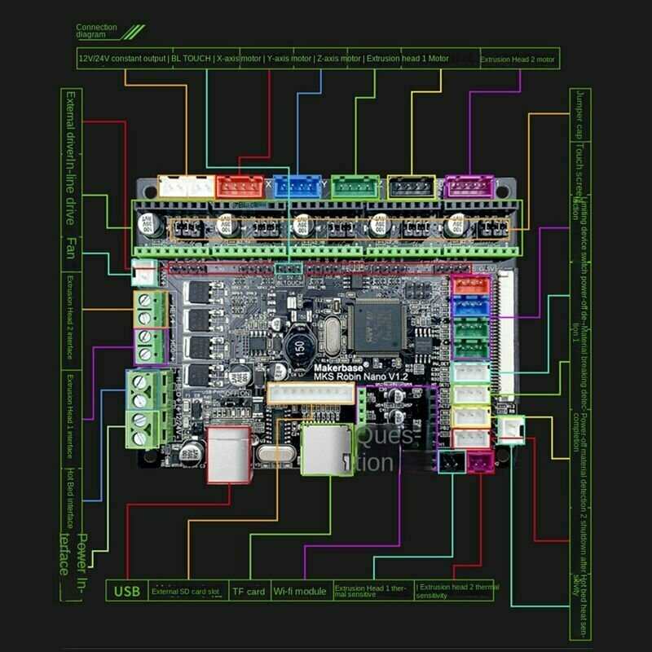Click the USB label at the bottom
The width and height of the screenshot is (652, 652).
[x=127, y=591]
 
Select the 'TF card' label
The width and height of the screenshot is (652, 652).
[x=249, y=591]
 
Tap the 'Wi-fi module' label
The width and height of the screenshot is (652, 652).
[x=300, y=591]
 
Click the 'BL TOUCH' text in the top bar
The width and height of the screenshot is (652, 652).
[x=191, y=59]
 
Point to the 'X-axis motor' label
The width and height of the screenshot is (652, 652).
[x=238, y=59]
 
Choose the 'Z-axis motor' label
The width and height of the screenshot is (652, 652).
[x=337, y=59]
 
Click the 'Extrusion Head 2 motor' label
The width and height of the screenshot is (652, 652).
[x=518, y=59]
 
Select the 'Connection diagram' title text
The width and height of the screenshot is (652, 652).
[x=97, y=31]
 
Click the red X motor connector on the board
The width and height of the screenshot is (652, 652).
[x=240, y=187]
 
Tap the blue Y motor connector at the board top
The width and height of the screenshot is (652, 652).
[x=297, y=187]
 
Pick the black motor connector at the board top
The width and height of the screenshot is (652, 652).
[x=412, y=187]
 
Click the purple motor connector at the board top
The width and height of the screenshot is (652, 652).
[x=470, y=187]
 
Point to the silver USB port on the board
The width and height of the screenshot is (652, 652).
[x=229, y=455]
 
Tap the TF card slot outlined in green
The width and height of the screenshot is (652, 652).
[x=327, y=449]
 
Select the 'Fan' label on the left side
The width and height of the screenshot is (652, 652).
[x=71, y=248]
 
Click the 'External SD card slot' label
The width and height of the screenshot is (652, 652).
[x=185, y=592]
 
